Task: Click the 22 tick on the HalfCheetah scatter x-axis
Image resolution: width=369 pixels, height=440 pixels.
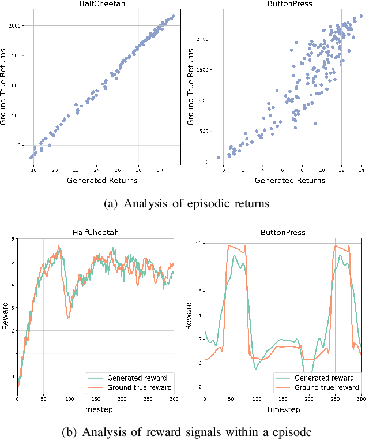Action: tap(76, 171)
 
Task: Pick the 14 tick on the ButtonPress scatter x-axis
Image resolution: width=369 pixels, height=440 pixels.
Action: tap(362, 171)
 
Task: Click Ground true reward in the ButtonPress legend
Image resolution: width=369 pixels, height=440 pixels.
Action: tap(326, 387)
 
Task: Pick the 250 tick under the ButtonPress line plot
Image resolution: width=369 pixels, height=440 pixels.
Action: tap(335, 399)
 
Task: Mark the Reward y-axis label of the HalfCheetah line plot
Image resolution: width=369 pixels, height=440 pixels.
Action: tap(5, 318)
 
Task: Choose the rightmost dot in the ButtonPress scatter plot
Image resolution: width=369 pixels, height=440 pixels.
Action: tap(362, 17)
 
